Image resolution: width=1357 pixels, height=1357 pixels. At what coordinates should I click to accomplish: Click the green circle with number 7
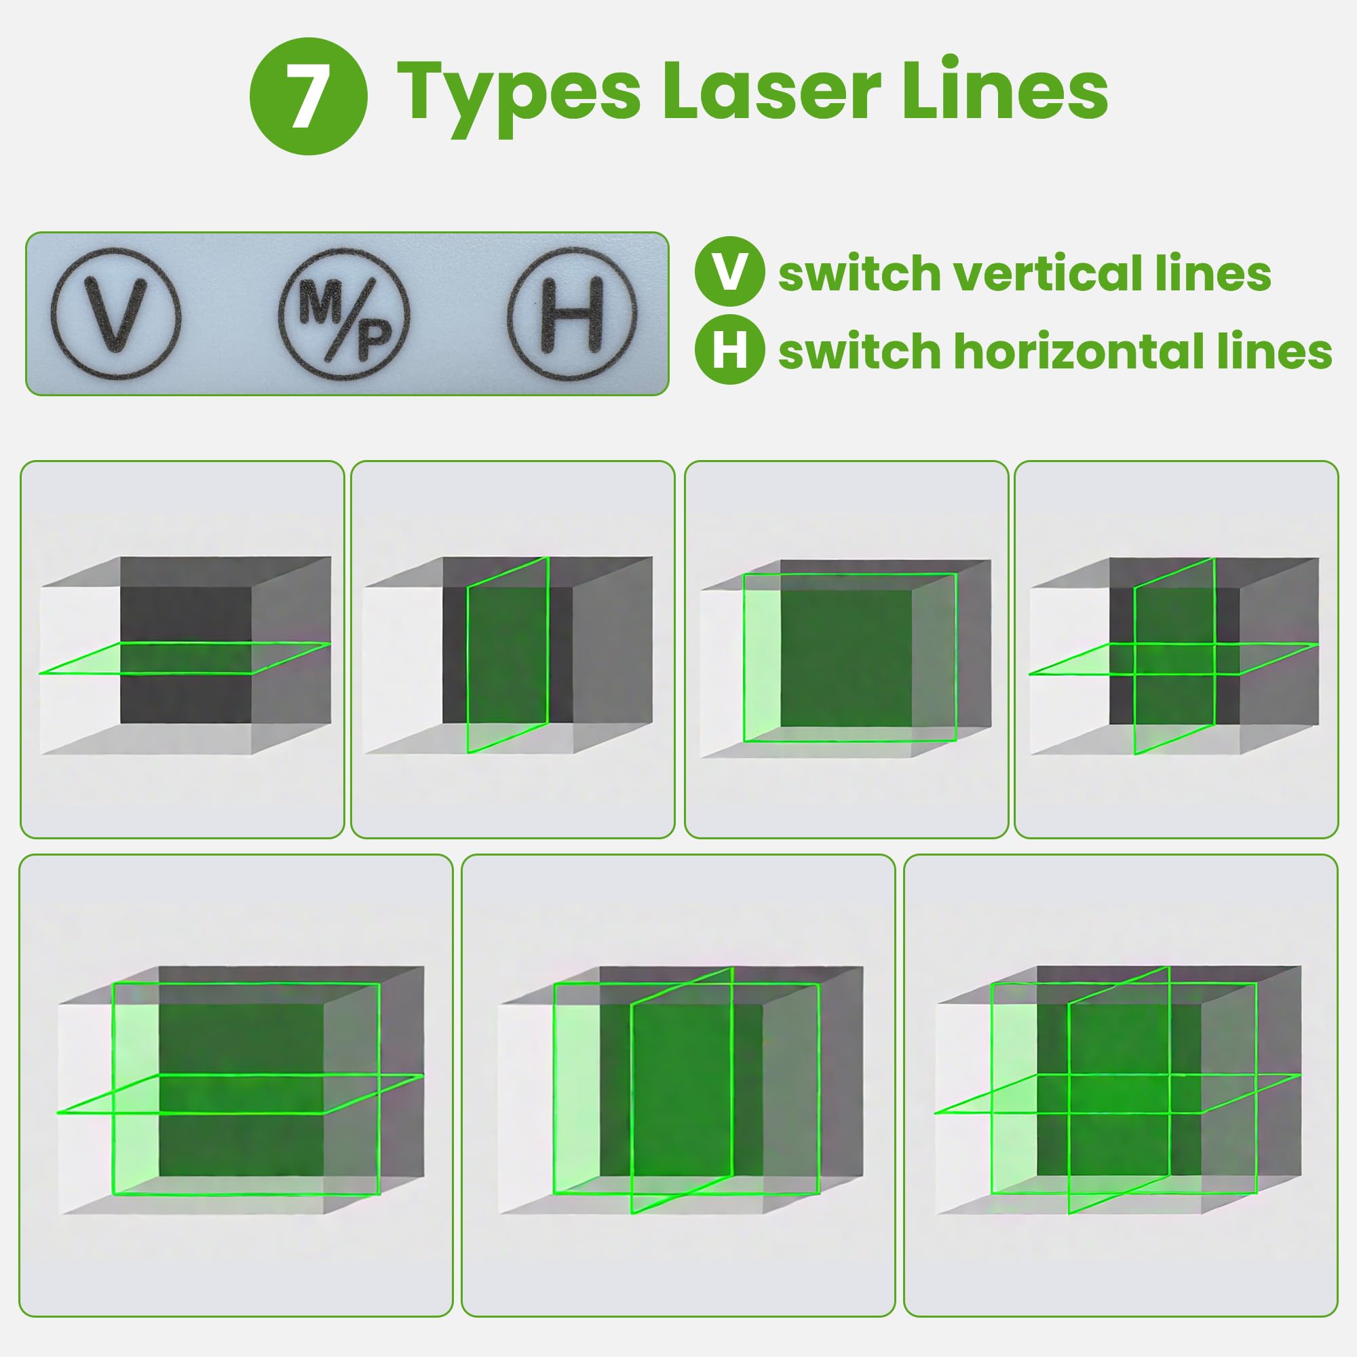click(x=307, y=96)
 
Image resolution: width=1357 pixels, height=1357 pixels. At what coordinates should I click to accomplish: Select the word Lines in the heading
click(x=1004, y=92)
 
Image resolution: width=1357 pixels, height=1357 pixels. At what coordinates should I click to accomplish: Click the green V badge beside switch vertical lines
click(x=729, y=274)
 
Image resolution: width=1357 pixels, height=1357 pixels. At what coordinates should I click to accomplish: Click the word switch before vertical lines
click(x=856, y=274)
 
